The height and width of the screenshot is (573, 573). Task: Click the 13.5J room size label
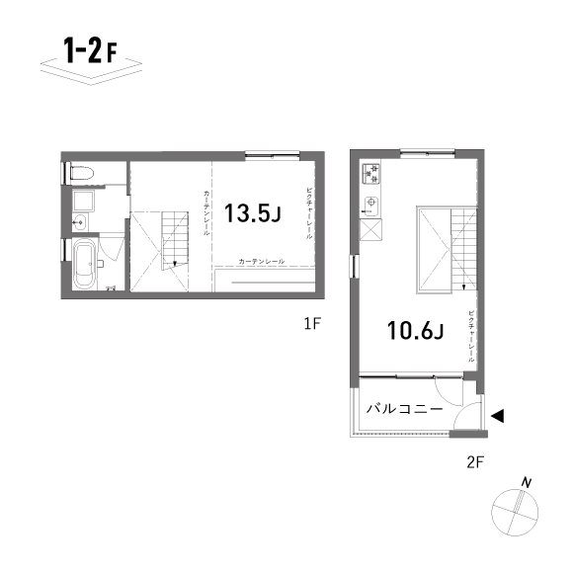pos(254,213)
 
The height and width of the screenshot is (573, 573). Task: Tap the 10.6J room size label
pos(413,331)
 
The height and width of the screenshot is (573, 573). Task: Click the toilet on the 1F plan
pos(83,173)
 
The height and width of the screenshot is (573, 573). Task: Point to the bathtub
pos(84,264)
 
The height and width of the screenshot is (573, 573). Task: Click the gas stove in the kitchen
pos(372,174)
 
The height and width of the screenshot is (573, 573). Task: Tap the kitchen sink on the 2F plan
pos(370,205)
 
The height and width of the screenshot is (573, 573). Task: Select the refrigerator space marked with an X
pos(371,230)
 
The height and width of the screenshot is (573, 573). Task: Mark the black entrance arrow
pos(498,416)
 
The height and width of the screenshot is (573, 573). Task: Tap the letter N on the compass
pos(529,482)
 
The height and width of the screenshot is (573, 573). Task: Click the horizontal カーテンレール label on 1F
pos(261,261)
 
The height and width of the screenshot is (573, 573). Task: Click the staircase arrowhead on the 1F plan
pos(174,264)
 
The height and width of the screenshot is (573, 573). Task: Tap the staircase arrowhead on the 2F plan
pos(462,287)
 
